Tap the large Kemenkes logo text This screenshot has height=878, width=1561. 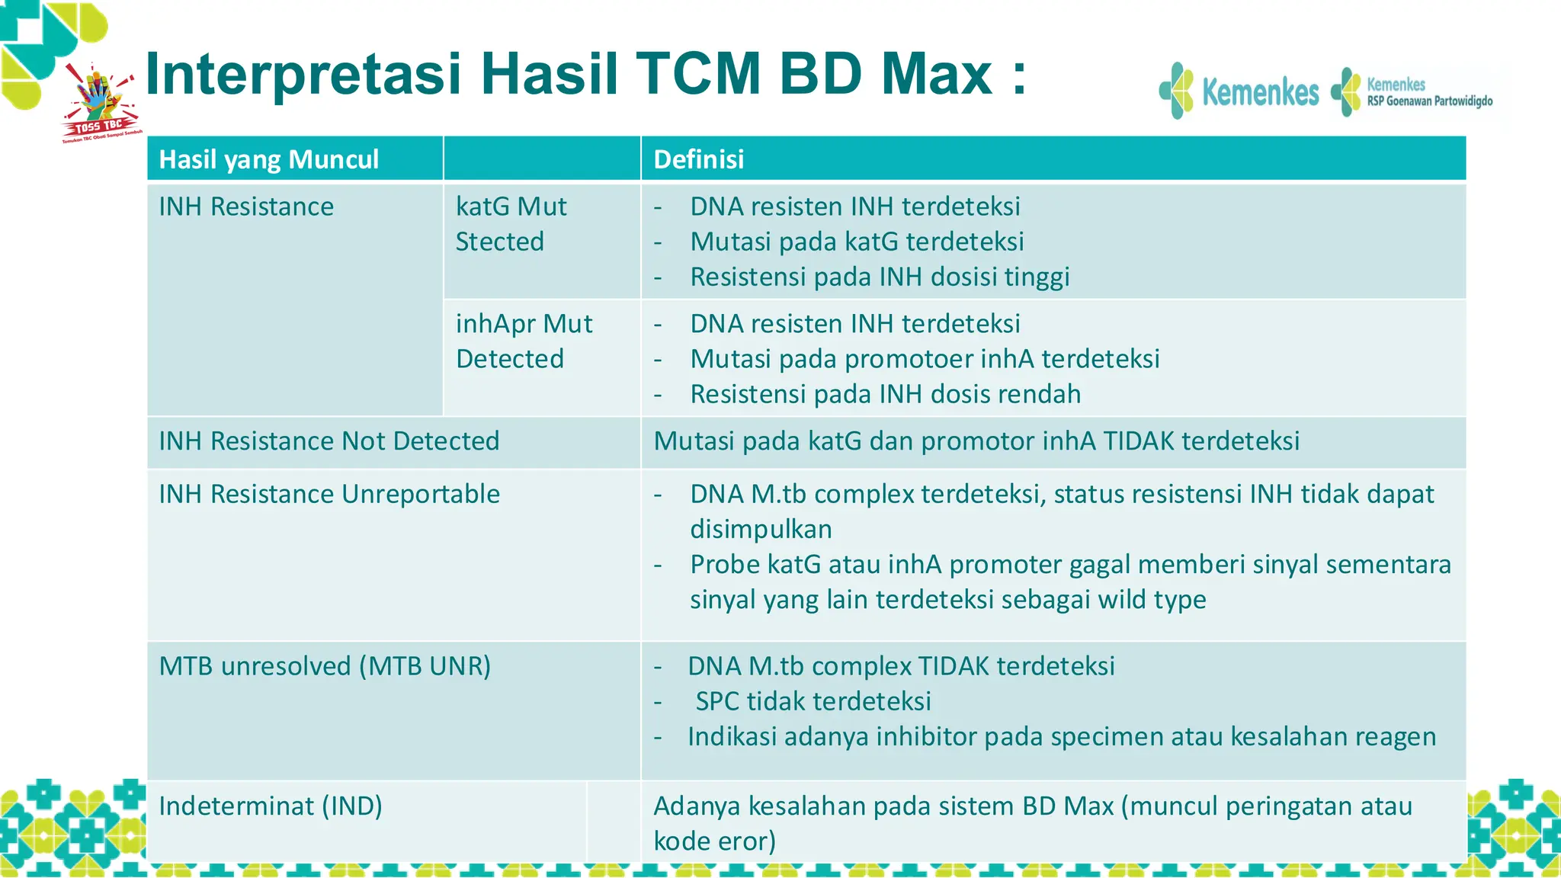tap(1260, 92)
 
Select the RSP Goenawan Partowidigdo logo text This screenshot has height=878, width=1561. tap(1429, 101)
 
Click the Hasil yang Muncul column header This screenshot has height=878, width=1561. tap(268, 159)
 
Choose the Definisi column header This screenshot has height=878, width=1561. tap(698, 159)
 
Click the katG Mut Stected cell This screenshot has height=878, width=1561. tap(511, 224)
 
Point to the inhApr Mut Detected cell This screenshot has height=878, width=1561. tap(524, 341)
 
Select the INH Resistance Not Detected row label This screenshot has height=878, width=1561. tap(329, 441)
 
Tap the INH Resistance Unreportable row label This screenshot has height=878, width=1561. tap(329, 494)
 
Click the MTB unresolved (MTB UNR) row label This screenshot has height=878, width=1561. tap(325, 666)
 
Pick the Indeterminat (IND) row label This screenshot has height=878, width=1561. tap(271, 806)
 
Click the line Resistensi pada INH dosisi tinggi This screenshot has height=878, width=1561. tap(880, 277)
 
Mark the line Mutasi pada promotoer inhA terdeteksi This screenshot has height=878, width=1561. tap(925, 359)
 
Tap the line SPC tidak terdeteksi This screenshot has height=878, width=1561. tap(813, 701)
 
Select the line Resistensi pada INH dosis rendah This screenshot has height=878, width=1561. tap(885, 394)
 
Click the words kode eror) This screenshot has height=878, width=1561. tap(714, 841)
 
